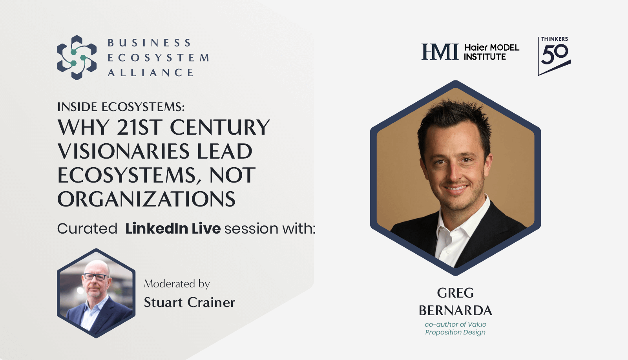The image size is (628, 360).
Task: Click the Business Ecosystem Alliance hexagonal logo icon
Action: (77, 57)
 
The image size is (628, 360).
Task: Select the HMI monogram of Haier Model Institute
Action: (440, 51)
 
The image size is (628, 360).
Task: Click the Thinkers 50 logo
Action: (554, 56)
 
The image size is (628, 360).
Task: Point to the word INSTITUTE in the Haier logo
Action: (485, 57)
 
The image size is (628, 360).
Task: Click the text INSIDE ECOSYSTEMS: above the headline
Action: (121, 107)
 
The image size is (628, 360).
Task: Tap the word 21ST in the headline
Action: (140, 127)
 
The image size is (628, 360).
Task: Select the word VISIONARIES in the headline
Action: (123, 151)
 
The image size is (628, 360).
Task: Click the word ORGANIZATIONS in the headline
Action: (146, 199)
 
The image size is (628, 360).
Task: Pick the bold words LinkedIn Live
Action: (173, 228)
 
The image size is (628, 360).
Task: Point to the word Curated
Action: (87, 229)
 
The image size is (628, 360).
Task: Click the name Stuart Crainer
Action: (190, 303)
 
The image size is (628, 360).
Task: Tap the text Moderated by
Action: (177, 284)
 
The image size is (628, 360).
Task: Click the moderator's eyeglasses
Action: (95, 277)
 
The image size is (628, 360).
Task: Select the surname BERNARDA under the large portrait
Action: (456, 311)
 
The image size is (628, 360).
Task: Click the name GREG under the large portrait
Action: (456, 293)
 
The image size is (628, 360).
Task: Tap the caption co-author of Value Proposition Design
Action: (456, 328)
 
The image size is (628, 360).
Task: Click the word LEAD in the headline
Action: (225, 151)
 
